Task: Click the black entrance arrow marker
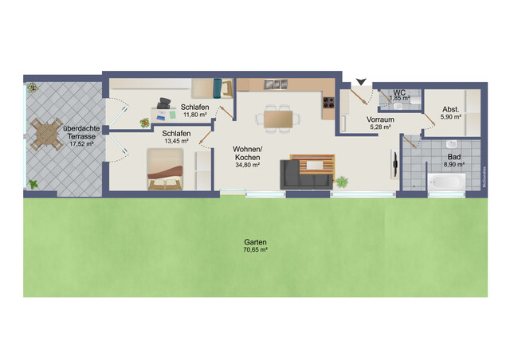pos(362,81)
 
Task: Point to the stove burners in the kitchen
pos(328,101)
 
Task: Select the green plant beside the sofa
pos(343,181)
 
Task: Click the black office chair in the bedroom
pos(165,104)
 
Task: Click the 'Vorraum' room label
pos(380,119)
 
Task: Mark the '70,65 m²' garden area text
pos(256,249)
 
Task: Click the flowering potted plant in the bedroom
pos(144,122)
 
